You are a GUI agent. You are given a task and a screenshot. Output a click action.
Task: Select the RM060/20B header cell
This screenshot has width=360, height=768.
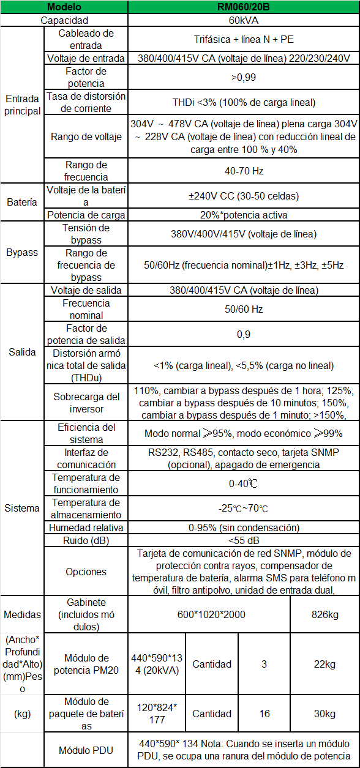pos(243,7)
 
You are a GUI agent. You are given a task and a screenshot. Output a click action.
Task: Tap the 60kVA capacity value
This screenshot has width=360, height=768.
pos(243,20)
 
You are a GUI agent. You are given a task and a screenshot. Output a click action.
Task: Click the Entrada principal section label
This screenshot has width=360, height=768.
pos(23,105)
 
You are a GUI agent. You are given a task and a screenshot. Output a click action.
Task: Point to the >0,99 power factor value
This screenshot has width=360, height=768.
pos(243,77)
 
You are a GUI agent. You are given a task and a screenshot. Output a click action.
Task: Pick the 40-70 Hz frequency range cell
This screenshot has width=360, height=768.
pos(243,171)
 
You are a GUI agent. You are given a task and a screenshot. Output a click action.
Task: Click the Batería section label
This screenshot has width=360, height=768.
pos(23,202)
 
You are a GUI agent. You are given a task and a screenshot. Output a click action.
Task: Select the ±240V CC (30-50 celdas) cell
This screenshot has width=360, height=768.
pos(243,196)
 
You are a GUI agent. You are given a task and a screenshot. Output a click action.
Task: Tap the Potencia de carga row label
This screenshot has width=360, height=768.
pos(86,215)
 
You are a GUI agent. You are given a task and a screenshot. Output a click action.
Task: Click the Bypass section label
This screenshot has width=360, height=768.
pos(23,252)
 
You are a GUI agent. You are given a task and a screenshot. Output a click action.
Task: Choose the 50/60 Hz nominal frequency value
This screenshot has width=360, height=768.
pos(243,309)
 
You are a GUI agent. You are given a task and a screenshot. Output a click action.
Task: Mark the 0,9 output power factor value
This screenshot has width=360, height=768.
pos(243,334)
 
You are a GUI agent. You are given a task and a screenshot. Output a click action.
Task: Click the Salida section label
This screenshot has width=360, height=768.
pos(23,352)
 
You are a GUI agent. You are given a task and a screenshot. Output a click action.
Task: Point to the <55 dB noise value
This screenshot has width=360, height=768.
pos(243,540)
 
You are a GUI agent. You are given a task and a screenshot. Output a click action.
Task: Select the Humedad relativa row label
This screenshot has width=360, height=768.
pos(86,528)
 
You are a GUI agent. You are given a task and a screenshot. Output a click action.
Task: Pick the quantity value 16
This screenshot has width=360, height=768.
pos(264,714)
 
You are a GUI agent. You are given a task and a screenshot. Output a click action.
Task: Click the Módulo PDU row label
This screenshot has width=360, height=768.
pos(86,750)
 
